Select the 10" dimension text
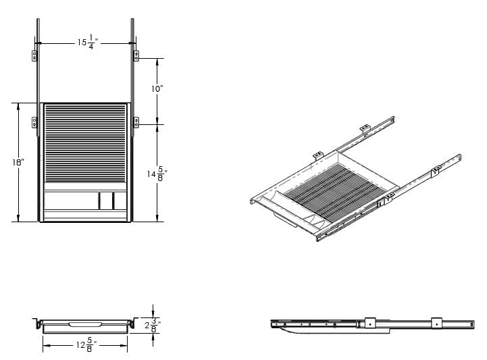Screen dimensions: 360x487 click(157, 89)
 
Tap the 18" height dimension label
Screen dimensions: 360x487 click(18, 163)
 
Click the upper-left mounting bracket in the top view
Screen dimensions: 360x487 click(34, 55)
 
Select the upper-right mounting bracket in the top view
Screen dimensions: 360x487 click(136, 55)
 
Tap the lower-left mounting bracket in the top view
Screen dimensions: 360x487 click(34, 122)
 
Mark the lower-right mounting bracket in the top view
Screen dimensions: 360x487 click(136, 122)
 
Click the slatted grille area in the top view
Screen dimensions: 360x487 click(85, 142)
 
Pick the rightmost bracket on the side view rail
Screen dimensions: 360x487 click(437, 324)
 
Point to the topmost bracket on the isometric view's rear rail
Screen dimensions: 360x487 click(364, 128)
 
